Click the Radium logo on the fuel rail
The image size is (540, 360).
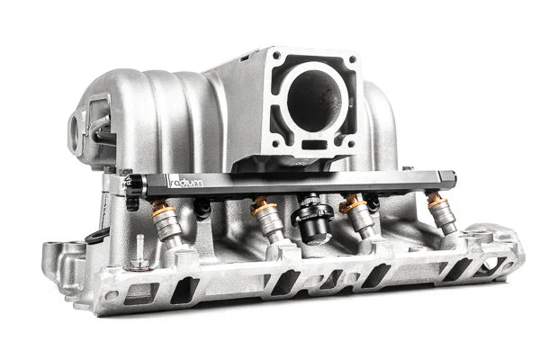click(x=186, y=184)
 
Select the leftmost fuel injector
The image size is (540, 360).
click(x=167, y=225)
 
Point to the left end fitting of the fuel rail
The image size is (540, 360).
click(x=134, y=185)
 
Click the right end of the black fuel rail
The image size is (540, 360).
click(x=450, y=180)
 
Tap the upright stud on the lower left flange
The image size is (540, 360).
click(x=139, y=251)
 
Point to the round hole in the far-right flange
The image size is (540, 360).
click(x=493, y=265)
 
